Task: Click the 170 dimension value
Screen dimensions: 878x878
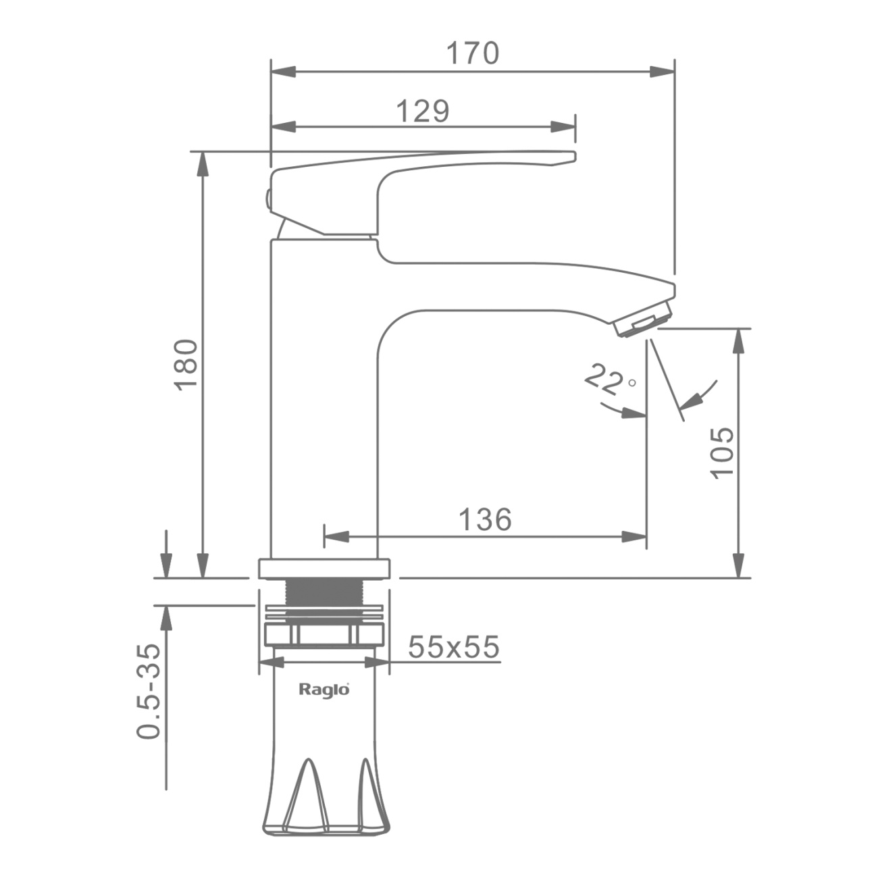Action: click(473, 53)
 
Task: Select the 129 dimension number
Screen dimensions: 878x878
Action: click(423, 111)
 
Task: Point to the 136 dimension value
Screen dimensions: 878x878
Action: click(485, 519)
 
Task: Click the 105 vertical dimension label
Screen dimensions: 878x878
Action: click(722, 453)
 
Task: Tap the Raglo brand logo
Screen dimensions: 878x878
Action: click(324, 690)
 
